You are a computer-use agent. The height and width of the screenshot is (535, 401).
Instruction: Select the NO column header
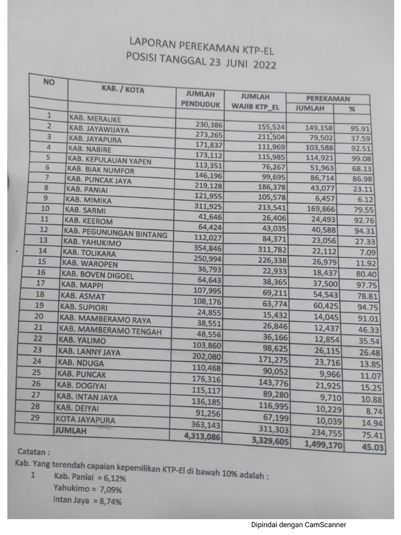pyautogui.click(x=48, y=82)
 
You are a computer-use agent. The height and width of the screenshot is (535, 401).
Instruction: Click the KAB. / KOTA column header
pyautogui.click(x=123, y=90)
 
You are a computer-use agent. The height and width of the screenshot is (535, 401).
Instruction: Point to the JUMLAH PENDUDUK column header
pyautogui.click(x=195, y=99)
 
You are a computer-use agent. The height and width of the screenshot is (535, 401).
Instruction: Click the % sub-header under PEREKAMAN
pyautogui.click(x=351, y=109)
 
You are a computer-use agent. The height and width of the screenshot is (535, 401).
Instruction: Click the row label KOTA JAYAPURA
pyautogui.click(x=85, y=420)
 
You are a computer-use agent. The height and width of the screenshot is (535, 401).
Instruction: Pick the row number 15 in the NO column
pyautogui.click(x=41, y=261)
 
